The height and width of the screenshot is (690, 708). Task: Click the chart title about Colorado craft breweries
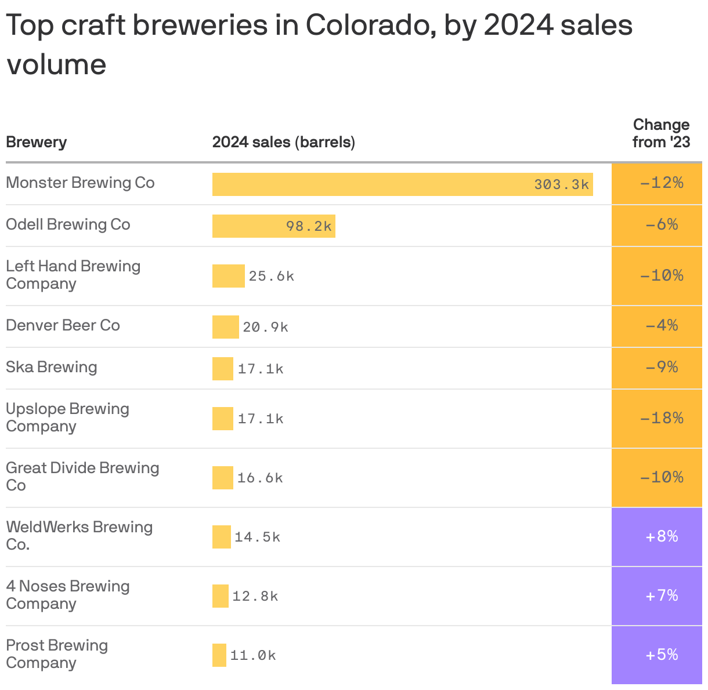[x=319, y=44]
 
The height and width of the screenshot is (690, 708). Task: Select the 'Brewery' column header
[x=36, y=142]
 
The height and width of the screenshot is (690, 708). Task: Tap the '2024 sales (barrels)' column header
[x=283, y=142]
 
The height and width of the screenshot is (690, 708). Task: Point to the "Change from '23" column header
[x=661, y=133]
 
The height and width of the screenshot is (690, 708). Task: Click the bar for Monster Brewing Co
[x=371, y=184]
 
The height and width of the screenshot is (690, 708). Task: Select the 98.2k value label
[x=309, y=226]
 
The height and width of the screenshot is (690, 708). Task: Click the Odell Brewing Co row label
[x=68, y=224]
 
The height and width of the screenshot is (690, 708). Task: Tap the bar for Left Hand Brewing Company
[x=228, y=276]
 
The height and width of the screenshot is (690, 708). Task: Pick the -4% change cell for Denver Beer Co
[x=661, y=326]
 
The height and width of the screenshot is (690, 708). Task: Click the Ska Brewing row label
[x=52, y=367]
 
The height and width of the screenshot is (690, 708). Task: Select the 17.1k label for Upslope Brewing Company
[x=261, y=419]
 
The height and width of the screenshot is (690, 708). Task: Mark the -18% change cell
[x=661, y=419]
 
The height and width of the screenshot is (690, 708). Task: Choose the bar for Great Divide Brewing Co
[x=222, y=478]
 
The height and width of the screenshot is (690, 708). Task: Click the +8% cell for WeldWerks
[x=661, y=537]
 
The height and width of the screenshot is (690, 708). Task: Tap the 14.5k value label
[x=258, y=537]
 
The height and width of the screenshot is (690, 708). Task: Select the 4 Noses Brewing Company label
[x=68, y=595]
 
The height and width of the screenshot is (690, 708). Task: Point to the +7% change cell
[x=661, y=596]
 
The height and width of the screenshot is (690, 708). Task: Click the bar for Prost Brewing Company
[x=219, y=655]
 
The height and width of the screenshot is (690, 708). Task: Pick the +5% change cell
[x=661, y=655]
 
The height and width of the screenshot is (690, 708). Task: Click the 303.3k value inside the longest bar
[x=561, y=184]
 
